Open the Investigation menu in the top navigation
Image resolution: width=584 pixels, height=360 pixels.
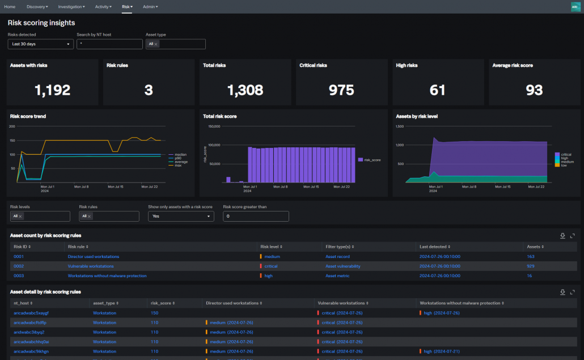(x=71, y=7)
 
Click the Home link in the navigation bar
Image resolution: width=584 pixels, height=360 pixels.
(x=10, y=7)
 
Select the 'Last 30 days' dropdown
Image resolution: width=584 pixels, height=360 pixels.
(x=40, y=44)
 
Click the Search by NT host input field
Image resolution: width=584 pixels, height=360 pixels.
(x=109, y=44)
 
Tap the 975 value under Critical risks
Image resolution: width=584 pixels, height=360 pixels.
(x=341, y=90)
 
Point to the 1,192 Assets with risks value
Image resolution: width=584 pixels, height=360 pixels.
(x=52, y=90)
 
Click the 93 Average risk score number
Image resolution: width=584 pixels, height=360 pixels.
(x=534, y=90)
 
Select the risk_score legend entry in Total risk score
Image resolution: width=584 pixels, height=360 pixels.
(x=372, y=160)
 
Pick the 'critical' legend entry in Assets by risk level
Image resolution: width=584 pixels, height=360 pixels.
(x=566, y=154)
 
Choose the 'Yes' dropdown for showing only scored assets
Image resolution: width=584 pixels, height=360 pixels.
(x=181, y=216)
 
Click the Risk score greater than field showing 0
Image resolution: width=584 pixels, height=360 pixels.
(x=256, y=216)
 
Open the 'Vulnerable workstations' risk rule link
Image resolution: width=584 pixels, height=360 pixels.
(x=91, y=266)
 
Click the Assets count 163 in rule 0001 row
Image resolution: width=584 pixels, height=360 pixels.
(x=531, y=256)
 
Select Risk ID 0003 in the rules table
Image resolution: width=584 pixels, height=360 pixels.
(x=19, y=276)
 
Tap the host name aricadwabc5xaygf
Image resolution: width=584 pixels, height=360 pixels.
(x=31, y=313)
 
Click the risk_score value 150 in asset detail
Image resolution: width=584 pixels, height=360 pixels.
(x=154, y=313)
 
